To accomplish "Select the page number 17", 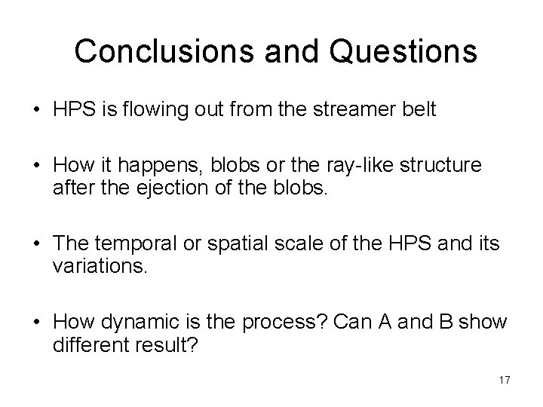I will (x=504, y=380).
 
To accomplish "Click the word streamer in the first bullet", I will (x=370, y=110).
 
